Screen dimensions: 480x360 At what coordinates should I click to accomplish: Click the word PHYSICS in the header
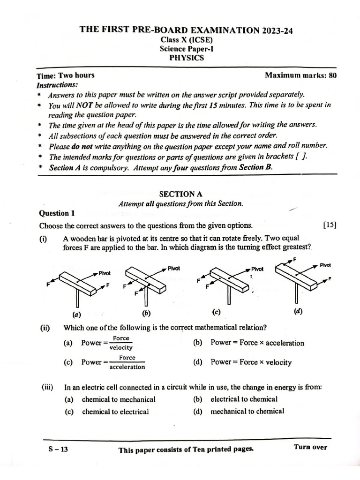186,58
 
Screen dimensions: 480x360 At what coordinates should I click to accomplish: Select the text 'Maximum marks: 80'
300,75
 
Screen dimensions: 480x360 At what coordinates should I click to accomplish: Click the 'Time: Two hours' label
65,75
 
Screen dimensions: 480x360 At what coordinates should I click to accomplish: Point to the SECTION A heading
180,194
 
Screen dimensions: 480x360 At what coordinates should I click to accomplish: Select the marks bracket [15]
330,225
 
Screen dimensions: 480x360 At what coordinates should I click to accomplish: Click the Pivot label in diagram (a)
105,272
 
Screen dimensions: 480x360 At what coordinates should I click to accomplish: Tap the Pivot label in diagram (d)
325,265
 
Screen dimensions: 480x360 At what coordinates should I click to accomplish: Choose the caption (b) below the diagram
147,313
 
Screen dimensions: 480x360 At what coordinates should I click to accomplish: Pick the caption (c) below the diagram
216,312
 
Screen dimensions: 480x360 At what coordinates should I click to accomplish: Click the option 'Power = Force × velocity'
251,362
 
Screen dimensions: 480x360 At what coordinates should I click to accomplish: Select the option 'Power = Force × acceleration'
257,343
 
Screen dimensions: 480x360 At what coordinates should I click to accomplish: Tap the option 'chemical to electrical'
115,412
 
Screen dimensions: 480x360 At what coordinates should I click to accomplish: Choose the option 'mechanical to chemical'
247,411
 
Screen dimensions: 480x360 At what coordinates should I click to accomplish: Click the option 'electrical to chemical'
244,399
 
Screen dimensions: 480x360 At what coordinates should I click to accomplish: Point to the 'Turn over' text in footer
310,447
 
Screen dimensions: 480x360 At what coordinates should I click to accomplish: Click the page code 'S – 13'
59,449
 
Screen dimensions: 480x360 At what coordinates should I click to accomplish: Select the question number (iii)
47,387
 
